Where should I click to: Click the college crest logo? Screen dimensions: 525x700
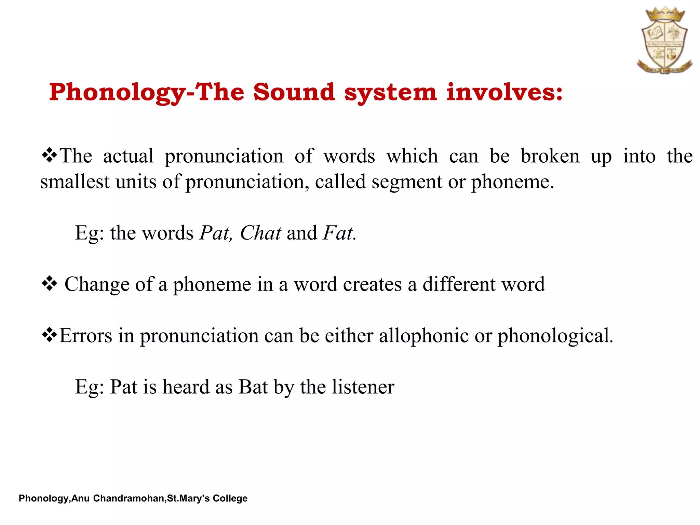[664, 41]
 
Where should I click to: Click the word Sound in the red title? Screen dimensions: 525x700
[294, 92]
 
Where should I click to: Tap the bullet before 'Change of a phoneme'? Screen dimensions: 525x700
[49, 284]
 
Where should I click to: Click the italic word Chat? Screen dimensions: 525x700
[260, 233]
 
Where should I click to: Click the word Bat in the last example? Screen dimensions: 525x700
[253, 387]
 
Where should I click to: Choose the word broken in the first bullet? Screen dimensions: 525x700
[550, 156]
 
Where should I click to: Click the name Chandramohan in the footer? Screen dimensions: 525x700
[129, 498]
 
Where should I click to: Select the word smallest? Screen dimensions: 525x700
[75, 182]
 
